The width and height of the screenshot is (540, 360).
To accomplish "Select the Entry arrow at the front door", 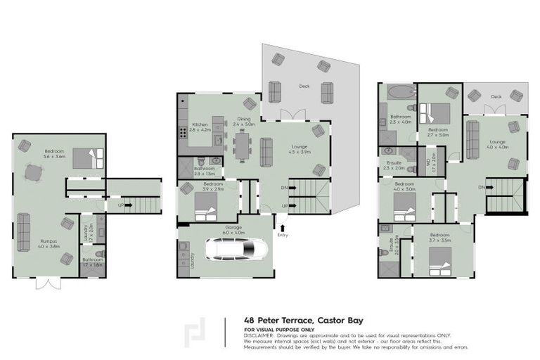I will pos(282,226).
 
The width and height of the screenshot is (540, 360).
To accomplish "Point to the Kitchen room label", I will pos(200,127).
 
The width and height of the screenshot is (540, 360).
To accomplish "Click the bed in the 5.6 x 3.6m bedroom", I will pos(88,158).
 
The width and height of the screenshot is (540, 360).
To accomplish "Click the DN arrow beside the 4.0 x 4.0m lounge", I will pos(482,187).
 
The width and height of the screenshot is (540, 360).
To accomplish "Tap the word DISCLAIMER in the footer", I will pos(259,335).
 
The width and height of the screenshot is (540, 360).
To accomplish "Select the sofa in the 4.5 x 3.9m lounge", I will pos(267,151).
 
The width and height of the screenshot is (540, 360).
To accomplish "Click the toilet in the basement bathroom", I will pos(99,255).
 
